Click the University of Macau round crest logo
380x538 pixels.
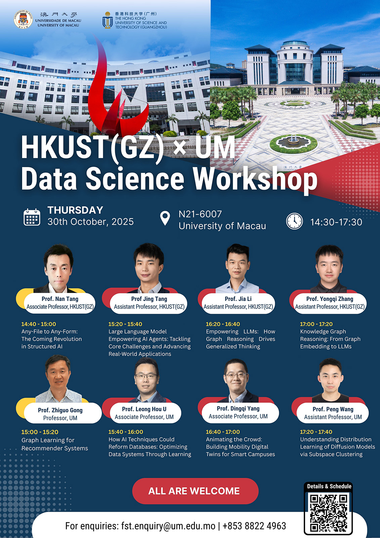pos(23,19)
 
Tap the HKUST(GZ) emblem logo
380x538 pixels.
pos(108,20)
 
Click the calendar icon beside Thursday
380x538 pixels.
pos(32,217)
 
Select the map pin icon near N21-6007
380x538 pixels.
pos(165,218)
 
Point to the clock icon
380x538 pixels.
pos(294,221)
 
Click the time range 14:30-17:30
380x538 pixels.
pos(336,222)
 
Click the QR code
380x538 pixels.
pos(328,512)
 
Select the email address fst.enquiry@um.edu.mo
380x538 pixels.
pos(168,526)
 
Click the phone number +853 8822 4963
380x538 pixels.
pos(254,526)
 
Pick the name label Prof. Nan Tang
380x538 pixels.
pos(60,299)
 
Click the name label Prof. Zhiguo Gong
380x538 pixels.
pos(60,410)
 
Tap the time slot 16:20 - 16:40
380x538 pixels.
pos(223,324)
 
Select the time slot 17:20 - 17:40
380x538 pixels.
pos(316,432)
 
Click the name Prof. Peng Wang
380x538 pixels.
pos(333,409)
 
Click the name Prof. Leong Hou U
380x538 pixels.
pos(144,409)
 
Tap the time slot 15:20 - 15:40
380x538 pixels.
pos(125,324)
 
